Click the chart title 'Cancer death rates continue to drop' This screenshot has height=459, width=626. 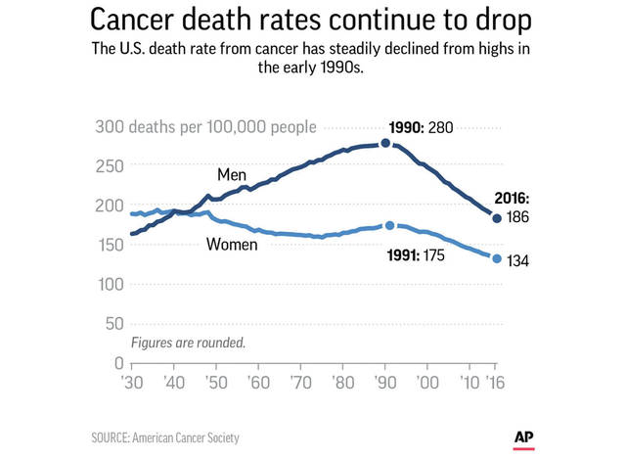pyautogui.click(x=313, y=21)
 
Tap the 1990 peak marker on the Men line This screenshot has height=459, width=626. pyautogui.click(x=385, y=143)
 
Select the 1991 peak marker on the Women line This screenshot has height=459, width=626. pyautogui.click(x=390, y=225)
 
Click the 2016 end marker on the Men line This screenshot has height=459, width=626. pyautogui.click(x=497, y=217)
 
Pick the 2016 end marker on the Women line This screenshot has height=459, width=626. pyautogui.click(x=497, y=258)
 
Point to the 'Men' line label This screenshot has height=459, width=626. pyautogui.click(x=231, y=175)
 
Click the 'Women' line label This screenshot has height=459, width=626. pyautogui.click(x=232, y=245)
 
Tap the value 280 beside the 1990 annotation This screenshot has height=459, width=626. pyautogui.click(x=444, y=128)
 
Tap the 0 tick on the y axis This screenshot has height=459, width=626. pyautogui.click(x=117, y=363)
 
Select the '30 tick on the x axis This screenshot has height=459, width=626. pyautogui.click(x=132, y=382)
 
